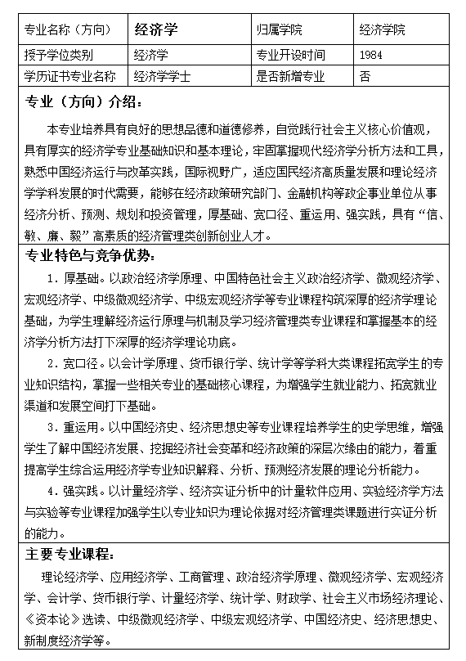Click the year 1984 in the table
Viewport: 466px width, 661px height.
pyautogui.click(x=370, y=56)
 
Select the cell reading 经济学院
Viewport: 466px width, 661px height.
pyautogui.click(x=382, y=30)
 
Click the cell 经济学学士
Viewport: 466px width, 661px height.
pyautogui.click(x=162, y=77)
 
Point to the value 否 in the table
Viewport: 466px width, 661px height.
pyautogui.click(x=365, y=77)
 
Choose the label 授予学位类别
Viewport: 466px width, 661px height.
pyautogui.click(x=59, y=56)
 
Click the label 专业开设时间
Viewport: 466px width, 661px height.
pyautogui.click(x=290, y=56)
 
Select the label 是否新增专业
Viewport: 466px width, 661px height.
pyautogui.click(x=290, y=77)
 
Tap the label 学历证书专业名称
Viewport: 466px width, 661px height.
pyautogui.click(x=70, y=77)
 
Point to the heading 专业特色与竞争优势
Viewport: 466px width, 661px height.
pyautogui.click(x=96, y=254)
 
